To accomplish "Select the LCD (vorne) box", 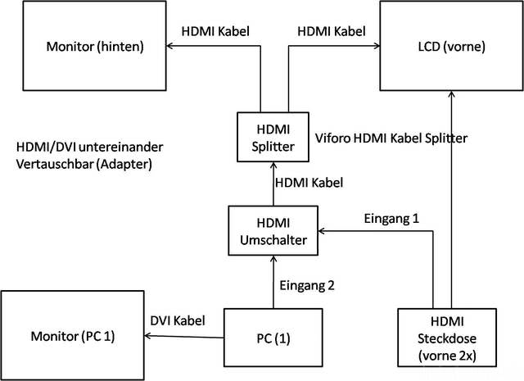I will (450, 46).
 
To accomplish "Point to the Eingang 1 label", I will (391, 219).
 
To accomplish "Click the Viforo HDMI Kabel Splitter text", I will (391, 138).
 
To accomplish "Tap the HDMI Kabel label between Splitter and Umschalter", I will (308, 183).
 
